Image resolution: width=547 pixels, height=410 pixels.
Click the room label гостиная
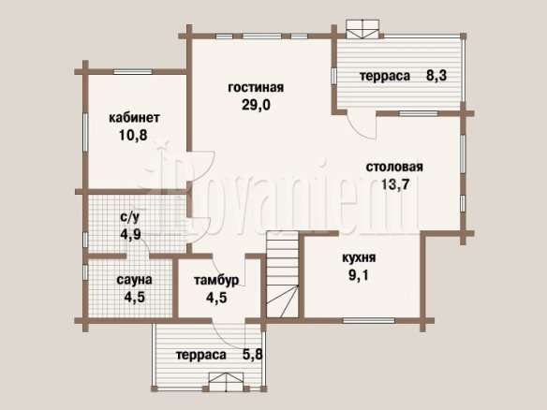point(256,87)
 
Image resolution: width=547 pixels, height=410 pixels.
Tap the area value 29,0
point(256,104)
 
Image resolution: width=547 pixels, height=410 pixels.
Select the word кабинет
point(134,118)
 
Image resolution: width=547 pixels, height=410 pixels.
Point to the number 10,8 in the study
point(133,135)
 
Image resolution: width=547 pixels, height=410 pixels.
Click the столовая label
point(394,167)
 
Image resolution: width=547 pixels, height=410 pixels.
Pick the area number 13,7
point(395,184)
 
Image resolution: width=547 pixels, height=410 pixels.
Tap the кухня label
point(359,257)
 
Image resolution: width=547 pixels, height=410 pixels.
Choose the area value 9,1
point(359,275)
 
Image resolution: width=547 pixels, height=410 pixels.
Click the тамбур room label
point(216,281)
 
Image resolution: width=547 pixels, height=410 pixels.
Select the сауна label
point(134,280)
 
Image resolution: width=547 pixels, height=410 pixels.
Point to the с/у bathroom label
point(130,217)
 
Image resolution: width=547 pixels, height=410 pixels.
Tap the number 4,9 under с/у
point(130,234)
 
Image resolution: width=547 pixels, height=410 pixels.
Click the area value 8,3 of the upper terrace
point(436,75)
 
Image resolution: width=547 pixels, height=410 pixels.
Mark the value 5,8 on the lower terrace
point(253,355)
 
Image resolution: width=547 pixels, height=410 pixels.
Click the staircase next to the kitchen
point(283,274)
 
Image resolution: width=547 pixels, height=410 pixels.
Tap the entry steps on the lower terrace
point(226,382)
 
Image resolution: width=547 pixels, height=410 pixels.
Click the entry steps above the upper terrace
point(362,29)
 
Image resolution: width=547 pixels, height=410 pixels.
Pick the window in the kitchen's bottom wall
point(369,320)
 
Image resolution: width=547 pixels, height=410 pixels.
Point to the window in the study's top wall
point(133,71)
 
